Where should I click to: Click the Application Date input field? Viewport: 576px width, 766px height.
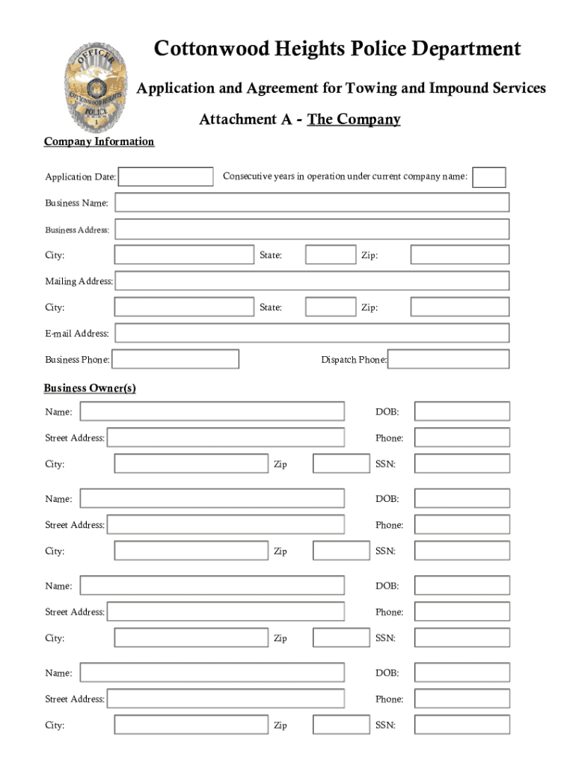[x=166, y=177]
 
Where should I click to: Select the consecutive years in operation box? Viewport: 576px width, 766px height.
[x=489, y=177]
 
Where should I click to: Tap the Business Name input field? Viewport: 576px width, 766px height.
[x=311, y=203]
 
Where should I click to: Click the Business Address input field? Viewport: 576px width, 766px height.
[x=311, y=229]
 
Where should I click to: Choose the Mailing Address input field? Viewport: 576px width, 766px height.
[x=311, y=281]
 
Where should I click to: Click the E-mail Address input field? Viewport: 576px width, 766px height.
[x=311, y=333]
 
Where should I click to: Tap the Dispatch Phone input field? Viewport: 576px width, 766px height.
[x=449, y=359]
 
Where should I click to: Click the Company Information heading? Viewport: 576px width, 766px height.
[x=99, y=141]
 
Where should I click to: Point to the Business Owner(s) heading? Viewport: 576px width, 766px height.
[x=90, y=388]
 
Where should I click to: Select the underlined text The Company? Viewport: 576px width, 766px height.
[x=354, y=119]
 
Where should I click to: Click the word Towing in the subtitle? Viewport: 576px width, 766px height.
[x=371, y=88]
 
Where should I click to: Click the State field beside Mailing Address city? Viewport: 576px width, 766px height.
[x=331, y=307]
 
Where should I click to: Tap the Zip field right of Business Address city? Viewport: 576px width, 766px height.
[x=459, y=255]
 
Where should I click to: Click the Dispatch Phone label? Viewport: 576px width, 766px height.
[x=354, y=360]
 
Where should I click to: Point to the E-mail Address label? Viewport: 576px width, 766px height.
[x=76, y=334]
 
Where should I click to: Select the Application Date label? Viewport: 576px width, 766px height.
[x=80, y=177]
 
